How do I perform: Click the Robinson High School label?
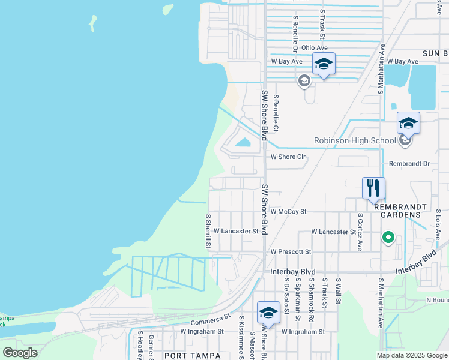pos(355,141)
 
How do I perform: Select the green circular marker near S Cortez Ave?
pos(388,239)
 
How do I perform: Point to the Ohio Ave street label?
pos(315,47)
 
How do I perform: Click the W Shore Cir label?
pos(289,157)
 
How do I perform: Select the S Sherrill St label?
pos(208,231)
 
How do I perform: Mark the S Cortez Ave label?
pos(360,231)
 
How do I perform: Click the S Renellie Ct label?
pos(276,113)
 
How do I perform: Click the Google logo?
pos(20,353)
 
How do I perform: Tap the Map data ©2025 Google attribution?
pos(412,355)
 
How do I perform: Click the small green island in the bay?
pos(92,23)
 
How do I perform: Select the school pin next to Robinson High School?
pos(408,124)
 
